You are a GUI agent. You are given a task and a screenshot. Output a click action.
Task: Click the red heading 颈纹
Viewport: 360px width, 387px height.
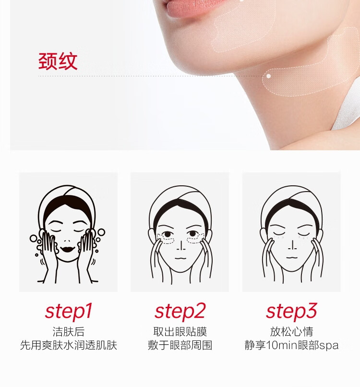(58, 61)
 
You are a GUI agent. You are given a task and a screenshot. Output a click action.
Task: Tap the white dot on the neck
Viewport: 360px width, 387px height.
(269, 76)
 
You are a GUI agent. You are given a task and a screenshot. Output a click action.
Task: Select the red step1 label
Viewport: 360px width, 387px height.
(69, 311)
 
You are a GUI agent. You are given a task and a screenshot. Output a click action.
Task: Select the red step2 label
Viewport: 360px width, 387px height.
(180, 311)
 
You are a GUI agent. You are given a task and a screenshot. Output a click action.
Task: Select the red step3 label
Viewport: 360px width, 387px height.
(291, 311)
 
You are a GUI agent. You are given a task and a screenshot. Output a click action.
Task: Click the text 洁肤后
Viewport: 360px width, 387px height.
(69, 332)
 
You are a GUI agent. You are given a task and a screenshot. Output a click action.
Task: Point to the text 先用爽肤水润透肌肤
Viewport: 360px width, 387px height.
(69, 345)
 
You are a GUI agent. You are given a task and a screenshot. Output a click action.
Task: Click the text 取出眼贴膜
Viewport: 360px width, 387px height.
(180, 332)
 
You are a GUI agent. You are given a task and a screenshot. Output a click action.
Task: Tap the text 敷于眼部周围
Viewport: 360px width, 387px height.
(180, 345)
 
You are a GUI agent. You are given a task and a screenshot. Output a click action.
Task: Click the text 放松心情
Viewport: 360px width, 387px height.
(291, 332)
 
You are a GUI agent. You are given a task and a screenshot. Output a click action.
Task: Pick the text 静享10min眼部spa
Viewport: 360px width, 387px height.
(291, 345)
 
